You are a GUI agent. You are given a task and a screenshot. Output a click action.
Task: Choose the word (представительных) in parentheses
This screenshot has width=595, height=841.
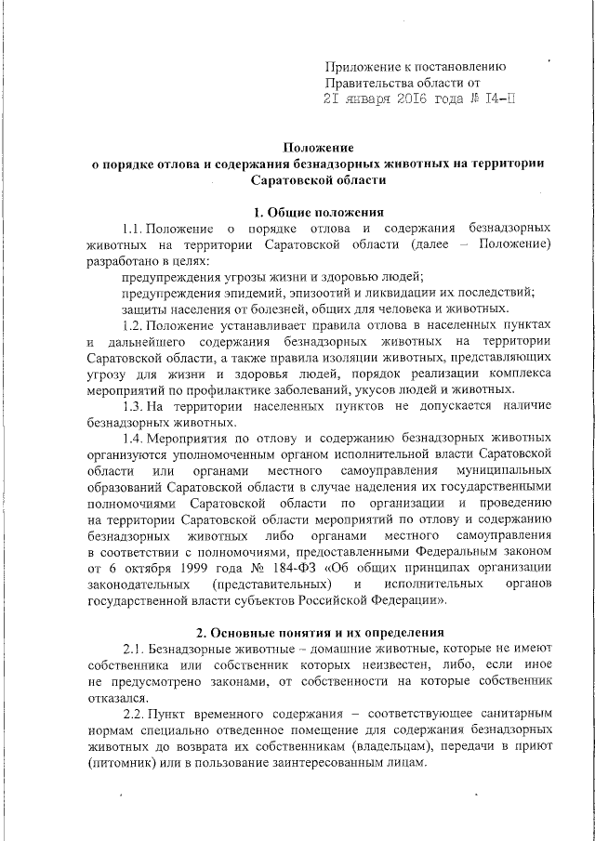point(271,584)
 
